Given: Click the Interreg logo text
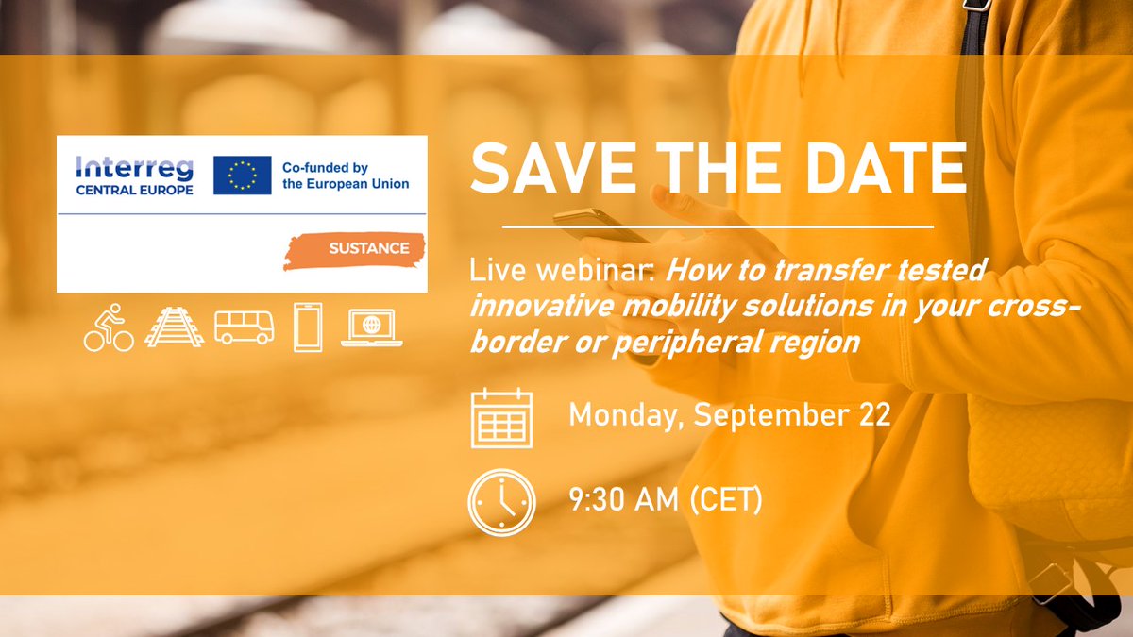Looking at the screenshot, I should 134,168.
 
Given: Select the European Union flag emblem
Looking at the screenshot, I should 242,176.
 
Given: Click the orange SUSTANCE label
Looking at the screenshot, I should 368,248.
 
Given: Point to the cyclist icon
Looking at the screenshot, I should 109,328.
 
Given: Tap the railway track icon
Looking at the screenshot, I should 174,327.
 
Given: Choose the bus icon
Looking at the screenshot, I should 244,327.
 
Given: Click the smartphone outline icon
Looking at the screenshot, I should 308,327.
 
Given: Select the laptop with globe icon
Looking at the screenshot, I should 372,327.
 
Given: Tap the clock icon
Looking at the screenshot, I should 501,501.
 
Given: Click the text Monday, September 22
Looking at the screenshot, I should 730,415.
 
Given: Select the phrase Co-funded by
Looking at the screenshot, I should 325,168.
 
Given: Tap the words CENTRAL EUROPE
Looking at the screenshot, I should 134,190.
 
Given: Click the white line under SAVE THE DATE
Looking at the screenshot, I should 718,227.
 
